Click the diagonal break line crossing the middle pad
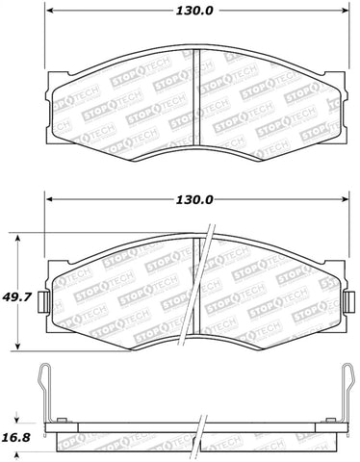coord(206,279)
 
